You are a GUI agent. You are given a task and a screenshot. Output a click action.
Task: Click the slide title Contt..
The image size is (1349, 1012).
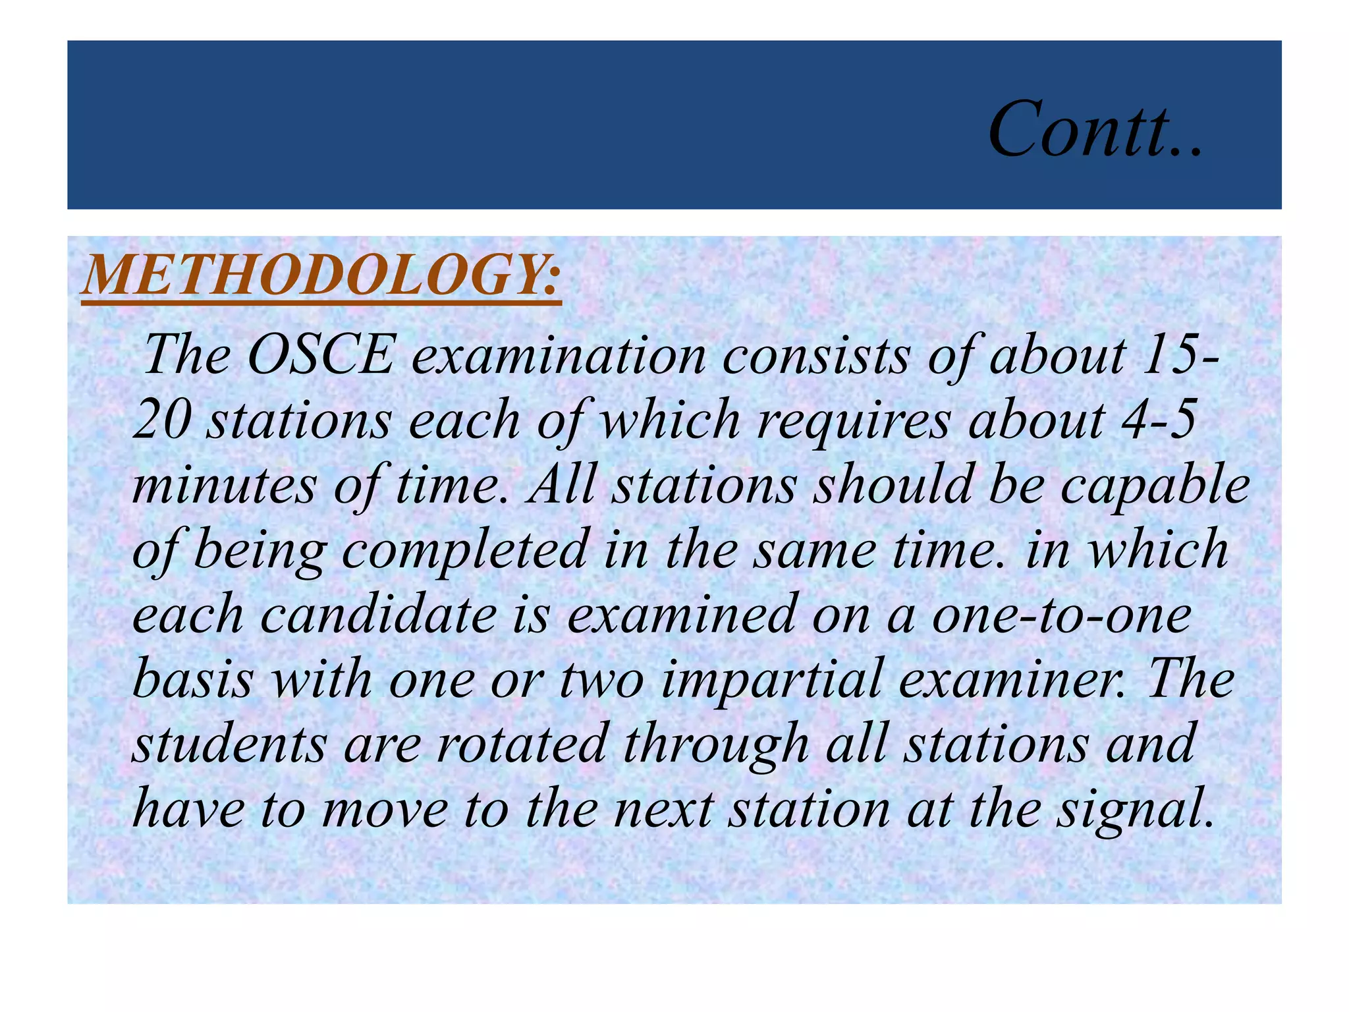[1095, 129]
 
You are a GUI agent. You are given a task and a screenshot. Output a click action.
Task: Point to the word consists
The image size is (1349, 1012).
[816, 356]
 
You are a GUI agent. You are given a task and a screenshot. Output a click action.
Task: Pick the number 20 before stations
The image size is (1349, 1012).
[162, 420]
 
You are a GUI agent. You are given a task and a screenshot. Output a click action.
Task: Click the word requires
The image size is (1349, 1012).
[854, 420]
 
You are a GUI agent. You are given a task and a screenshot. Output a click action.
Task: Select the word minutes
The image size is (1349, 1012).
[225, 485]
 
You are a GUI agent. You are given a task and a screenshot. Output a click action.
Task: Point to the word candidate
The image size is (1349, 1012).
[379, 614]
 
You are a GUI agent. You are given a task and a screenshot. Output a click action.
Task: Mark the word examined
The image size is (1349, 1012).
[681, 614]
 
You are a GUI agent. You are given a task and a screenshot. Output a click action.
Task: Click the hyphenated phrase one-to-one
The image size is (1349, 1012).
[1061, 614]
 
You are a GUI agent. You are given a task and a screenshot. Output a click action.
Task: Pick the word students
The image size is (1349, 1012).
[229, 743]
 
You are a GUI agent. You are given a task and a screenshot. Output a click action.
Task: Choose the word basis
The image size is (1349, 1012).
[193, 679]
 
